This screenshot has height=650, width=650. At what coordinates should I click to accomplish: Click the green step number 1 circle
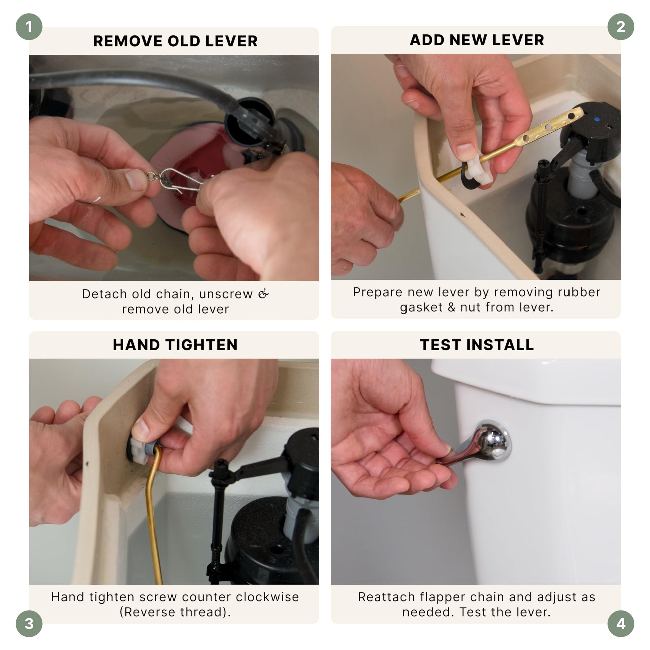[x=29, y=27]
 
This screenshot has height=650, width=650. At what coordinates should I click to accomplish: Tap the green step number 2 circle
[x=621, y=27]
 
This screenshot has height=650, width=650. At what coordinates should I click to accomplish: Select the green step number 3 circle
[x=29, y=623]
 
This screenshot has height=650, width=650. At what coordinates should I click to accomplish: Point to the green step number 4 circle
[x=621, y=623]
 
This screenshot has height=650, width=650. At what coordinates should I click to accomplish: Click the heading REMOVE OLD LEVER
[x=175, y=41]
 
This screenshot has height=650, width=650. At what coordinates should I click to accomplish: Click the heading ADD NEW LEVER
[x=477, y=40]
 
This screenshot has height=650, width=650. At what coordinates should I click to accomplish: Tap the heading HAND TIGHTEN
[x=175, y=345]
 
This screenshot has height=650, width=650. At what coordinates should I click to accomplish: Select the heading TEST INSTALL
[x=477, y=345]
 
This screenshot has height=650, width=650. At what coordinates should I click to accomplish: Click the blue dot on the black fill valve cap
[x=597, y=119]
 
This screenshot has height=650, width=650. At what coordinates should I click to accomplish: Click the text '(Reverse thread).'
[x=175, y=612]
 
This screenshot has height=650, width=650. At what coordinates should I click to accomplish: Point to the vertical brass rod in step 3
[x=153, y=515]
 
